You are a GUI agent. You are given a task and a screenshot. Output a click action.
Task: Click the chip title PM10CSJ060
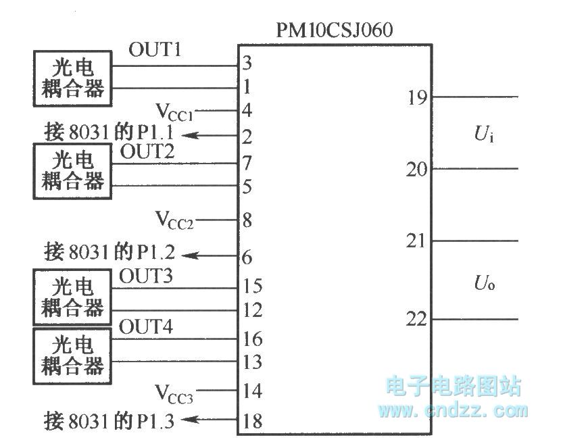335,30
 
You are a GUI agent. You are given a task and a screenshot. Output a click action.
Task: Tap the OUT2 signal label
147,152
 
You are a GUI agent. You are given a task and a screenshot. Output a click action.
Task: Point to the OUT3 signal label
145,276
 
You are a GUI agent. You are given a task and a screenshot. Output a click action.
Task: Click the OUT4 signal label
145,328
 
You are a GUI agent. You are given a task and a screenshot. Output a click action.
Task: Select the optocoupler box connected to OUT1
73,78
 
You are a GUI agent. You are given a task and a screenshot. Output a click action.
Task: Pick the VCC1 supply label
175,110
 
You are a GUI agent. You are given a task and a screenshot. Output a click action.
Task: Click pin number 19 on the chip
416,98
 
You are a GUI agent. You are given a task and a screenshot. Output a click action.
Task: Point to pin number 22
416,319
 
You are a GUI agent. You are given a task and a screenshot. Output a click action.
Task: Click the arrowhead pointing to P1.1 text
191,135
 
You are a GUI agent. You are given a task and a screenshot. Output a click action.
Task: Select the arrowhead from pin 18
191,420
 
